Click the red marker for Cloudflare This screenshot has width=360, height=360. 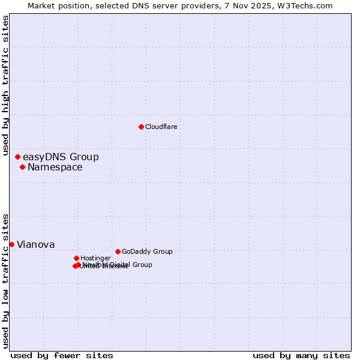coord(141,127)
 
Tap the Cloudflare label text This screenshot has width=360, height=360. coord(161,127)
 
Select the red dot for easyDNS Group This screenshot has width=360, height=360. coord(17,157)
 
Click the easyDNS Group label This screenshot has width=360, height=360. coord(61,157)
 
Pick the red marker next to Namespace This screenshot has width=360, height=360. coord(22,167)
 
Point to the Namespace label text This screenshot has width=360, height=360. coord(55,167)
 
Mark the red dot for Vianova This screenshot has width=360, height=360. coord(11,244)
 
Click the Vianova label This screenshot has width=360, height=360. coord(36,245)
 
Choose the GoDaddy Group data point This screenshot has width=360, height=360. coord(118,251)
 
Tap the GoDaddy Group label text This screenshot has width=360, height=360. coord(147,251)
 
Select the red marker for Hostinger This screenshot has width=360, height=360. coord(76,258)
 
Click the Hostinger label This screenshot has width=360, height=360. coord(95,258)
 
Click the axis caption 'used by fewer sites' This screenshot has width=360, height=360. coord(62,355)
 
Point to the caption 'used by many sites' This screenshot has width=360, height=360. coord(301,355)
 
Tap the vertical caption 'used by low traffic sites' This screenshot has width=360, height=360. coord(5,281)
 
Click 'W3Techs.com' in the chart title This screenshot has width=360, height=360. coord(308,5)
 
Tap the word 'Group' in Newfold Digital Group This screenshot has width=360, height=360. coord(142,265)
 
